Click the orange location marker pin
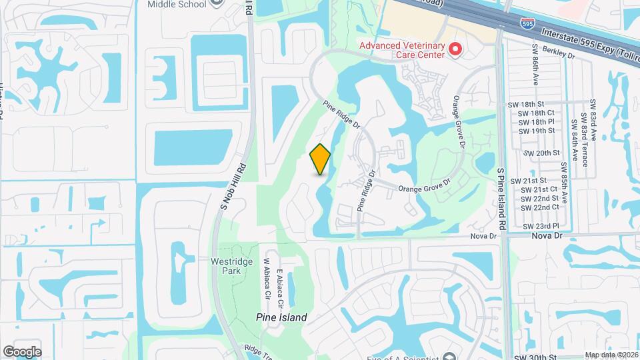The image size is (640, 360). (321, 159)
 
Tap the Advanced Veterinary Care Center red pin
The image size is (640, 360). (455, 49)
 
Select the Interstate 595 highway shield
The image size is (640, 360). (527, 23)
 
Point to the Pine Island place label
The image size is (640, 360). (282, 318)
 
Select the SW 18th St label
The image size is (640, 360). (531, 105)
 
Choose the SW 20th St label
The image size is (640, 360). (541, 153)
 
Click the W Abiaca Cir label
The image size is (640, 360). (266, 278)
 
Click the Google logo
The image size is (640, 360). (22, 352)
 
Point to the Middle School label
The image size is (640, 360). (177, 4)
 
